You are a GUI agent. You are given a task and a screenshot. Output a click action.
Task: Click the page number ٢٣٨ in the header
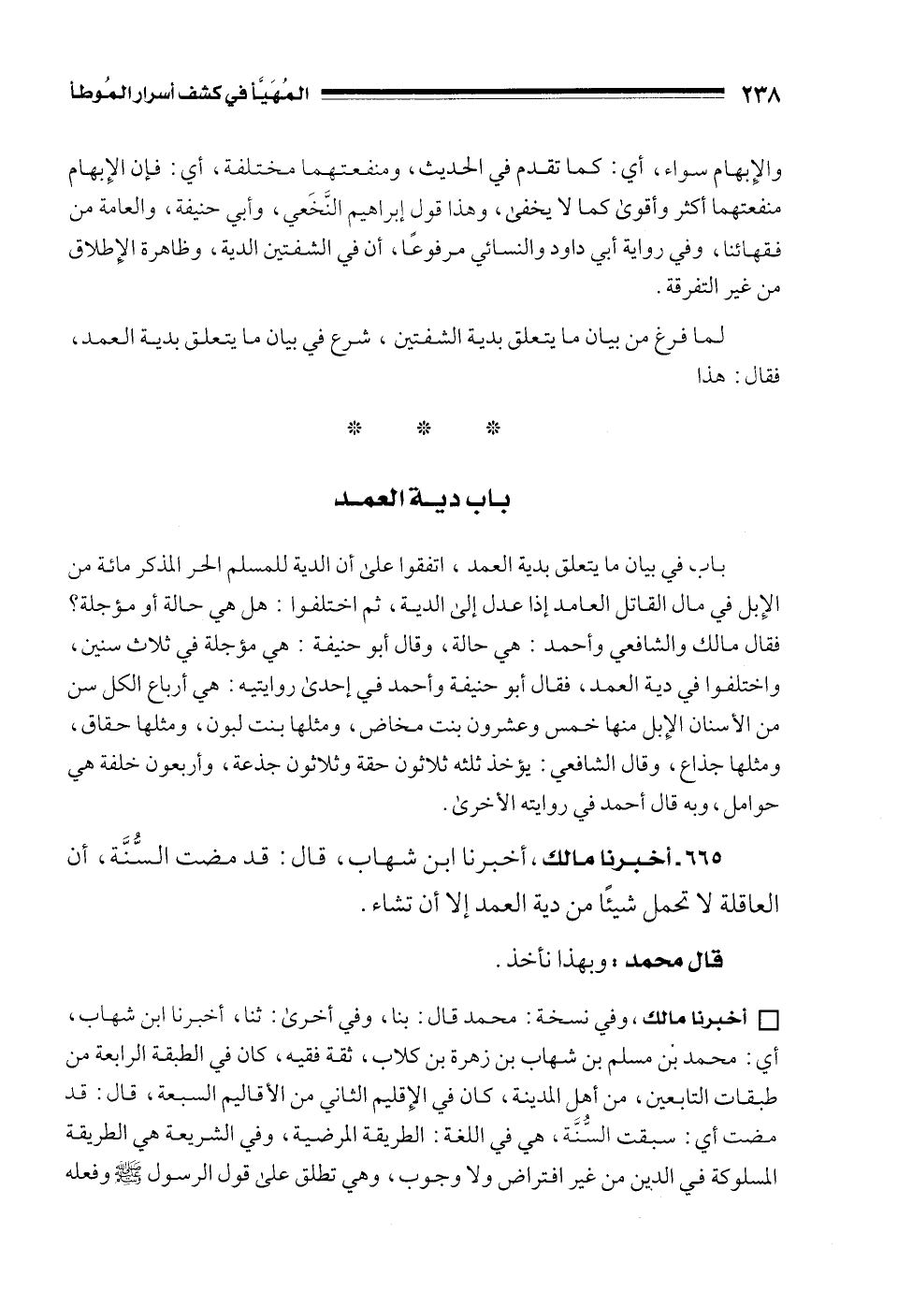pos(760,94)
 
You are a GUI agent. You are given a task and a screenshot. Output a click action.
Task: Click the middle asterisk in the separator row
pos(424,429)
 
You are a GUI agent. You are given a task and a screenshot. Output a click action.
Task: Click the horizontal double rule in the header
pos(524,94)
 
